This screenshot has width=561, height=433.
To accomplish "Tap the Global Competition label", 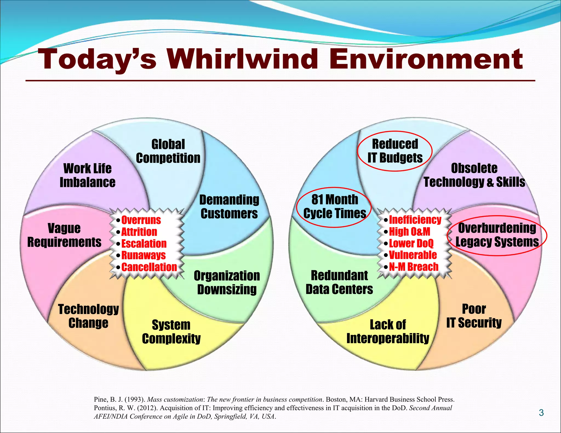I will pos(168,151).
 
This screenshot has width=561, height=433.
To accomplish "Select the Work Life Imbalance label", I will pos(87,175).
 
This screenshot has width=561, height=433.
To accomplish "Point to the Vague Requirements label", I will pos(64,235).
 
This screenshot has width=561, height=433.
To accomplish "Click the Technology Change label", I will pos(88,316).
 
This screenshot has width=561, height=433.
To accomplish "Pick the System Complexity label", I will pos(171,332).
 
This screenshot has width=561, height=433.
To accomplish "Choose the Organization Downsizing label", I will pos(227,282).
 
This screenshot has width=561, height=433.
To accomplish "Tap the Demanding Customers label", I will pos(229,207).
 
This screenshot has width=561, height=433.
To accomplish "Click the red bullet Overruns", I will pos(141,220).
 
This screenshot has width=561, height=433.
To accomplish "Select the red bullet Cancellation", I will pos(149,267).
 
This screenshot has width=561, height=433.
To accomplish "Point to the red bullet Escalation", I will pos(144,244).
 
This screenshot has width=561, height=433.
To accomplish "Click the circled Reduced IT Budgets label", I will pos(395,151).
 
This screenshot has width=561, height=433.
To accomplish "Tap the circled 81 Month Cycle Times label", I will pos(334,207).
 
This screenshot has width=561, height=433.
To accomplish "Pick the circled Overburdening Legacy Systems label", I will pos(497,235).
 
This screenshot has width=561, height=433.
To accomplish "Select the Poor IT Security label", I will pos(474,316).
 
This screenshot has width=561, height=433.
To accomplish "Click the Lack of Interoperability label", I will pos(388,331).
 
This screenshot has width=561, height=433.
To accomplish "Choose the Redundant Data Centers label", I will pos(339,282).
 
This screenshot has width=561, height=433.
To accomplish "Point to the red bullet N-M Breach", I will pos(414,267).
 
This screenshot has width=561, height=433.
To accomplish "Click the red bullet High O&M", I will pos(410,232).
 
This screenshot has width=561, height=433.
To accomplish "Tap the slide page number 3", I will pos(541,413).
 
